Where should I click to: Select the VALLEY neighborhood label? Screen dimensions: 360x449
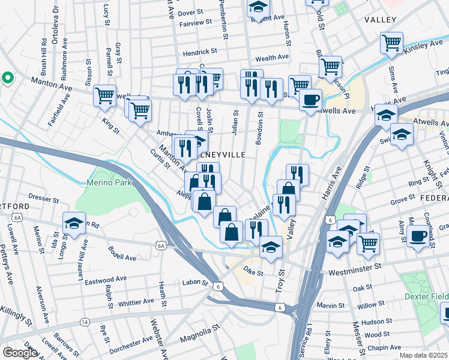(381, 20)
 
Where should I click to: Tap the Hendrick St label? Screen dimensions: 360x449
(200, 52)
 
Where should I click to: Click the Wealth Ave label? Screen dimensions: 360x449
(272, 58)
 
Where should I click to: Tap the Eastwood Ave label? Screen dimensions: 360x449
(106, 280)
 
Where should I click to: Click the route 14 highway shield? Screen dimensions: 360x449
(84, 322)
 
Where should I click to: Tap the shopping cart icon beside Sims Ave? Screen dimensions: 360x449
(391, 43)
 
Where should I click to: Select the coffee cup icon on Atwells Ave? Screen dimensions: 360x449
(310, 99)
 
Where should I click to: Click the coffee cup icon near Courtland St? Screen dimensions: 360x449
(418, 235)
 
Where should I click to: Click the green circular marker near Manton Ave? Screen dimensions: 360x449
(7, 78)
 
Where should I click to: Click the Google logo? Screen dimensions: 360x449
(19, 353)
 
